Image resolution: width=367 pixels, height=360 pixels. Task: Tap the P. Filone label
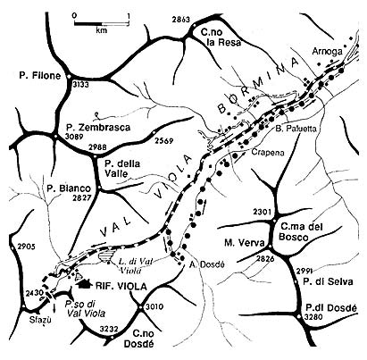pyautogui.click(x=37, y=77)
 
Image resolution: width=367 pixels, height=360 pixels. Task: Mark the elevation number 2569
pyautogui.click(x=163, y=141)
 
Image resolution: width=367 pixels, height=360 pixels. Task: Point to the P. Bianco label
pyautogui.click(x=63, y=189)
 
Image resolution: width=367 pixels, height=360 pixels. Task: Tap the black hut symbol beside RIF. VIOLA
pyautogui.click(x=84, y=286)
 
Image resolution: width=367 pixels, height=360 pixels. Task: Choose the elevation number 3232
pyautogui.click(x=108, y=329)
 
